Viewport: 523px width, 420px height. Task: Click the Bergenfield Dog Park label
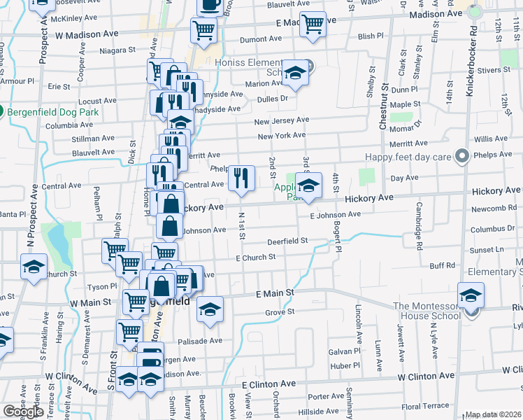53,112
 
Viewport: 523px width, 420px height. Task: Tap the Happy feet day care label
411,157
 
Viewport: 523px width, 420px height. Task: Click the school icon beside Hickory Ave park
308,185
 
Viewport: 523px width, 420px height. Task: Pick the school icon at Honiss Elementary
295,73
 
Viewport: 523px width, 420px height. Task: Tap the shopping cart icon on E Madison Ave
313,24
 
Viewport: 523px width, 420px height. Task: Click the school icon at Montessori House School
471,294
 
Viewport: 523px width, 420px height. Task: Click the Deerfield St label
288,241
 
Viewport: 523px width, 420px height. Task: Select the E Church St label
256,258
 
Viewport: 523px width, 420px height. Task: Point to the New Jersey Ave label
281,121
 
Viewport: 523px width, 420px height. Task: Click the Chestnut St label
382,106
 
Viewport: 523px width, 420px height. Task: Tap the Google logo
24,412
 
